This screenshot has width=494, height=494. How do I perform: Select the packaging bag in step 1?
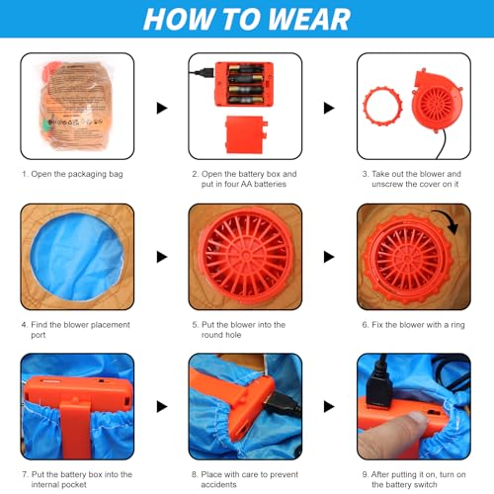pyautogui.click(x=77, y=106)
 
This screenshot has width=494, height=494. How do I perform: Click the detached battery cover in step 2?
pyautogui.click(x=246, y=134)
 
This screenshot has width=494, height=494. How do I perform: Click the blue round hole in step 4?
pyautogui.click(x=77, y=257)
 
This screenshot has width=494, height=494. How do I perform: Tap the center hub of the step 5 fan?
pyautogui.click(x=246, y=255)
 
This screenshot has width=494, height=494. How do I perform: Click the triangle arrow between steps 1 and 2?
pyautogui.click(x=162, y=108)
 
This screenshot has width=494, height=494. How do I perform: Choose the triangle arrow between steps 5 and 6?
pyautogui.click(x=329, y=257)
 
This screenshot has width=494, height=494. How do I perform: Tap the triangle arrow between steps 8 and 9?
pyautogui.click(x=329, y=406)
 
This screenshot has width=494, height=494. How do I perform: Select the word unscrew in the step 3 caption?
pyautogui.click(x=387, y=184)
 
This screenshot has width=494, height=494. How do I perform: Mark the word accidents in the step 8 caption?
pyautogui.click(x=218, y=485)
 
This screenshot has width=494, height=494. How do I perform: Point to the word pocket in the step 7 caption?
pyautogui.click(x=75, y=485)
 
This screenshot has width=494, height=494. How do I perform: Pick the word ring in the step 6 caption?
pyautogui.click(x=457, y=325)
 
